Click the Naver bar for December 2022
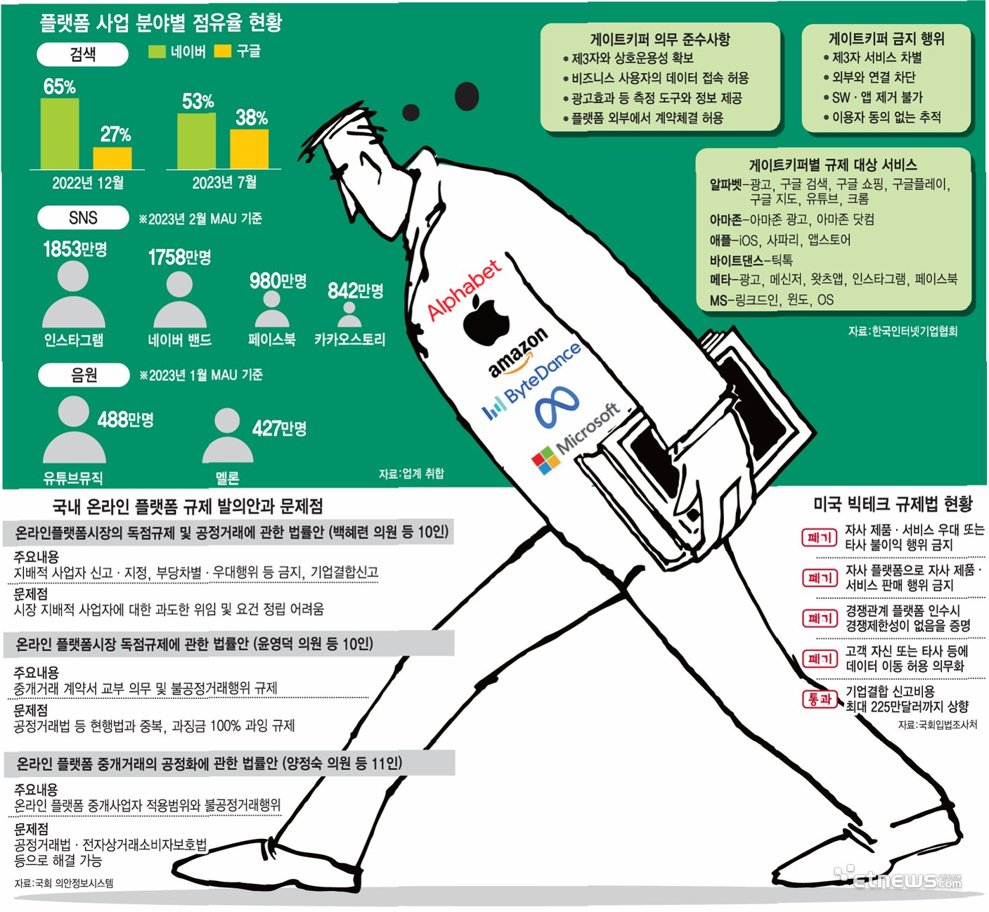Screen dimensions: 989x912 (x=60, y=134)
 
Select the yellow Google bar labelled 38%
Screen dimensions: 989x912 (x=249, y=149)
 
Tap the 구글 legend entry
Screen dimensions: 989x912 (x=238, y=51)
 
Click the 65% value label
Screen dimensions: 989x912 (x=59, y=86)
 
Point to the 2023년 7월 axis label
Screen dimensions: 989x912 (x=224, y=182)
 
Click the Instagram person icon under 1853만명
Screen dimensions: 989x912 (x=73, y=295)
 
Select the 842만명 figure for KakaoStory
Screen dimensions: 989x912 (x=356, y=290)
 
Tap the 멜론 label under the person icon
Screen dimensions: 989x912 (x=227, y=478)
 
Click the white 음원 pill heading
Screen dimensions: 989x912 (x=84, y=375)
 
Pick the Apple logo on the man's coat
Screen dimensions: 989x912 (x=486, y=320)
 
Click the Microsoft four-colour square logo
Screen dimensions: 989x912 (x=546, y=461)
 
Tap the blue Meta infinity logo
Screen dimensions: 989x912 (x=557, y=407)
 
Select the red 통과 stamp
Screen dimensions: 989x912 (x=820, y=699)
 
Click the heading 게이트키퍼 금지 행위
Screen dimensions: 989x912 (x=886, y=39)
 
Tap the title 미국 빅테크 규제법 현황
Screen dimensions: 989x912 (x=893, y=503)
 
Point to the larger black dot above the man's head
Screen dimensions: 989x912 (x=467, y=96)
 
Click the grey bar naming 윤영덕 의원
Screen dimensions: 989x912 (x=228, y=644)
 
